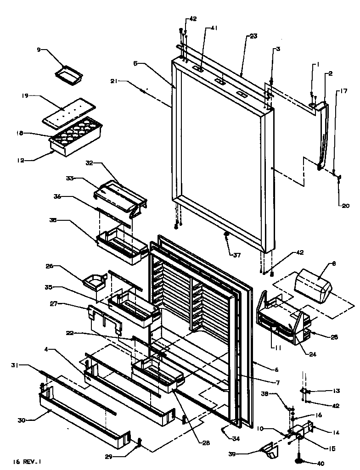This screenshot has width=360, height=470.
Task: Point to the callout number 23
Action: (253, 37)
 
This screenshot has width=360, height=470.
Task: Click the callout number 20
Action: (345, 206)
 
